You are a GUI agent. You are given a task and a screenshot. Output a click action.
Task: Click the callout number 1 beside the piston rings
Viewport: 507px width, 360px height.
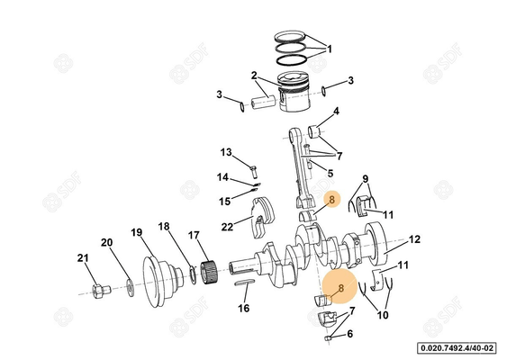[x=330, y=49]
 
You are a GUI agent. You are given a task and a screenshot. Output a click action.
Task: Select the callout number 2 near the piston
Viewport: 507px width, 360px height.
[x=255, y=76]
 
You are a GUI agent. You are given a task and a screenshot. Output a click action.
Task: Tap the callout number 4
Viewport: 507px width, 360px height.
[x=336, y=112]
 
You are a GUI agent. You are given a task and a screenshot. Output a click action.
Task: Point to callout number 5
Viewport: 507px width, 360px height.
[x=330, y=173]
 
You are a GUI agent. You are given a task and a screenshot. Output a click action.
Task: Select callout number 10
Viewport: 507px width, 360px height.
[x=383, y=316]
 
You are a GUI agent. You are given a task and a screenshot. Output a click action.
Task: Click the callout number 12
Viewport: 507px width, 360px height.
[x=415, y=239]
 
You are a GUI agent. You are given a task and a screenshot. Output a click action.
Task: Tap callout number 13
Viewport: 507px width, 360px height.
[x=226, y=152]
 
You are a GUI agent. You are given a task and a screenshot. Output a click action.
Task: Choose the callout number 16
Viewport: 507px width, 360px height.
[x=243, y=309]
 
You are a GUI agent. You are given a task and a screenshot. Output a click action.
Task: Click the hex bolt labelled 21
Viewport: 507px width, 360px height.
[x=100, y=290]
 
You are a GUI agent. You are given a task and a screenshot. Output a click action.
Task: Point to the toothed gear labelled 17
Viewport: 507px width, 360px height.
[x=209, y=268]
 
